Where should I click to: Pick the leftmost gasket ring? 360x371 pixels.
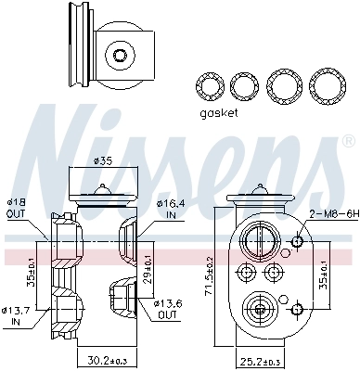(x=211, y=87)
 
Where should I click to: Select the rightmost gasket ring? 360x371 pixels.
(x=325, y=87)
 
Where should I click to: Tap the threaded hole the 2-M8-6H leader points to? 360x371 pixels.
(x=296, y=242)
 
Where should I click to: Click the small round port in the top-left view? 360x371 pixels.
(x=119, y=55)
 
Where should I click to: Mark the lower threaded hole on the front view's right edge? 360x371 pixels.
(x=296, y=306)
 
